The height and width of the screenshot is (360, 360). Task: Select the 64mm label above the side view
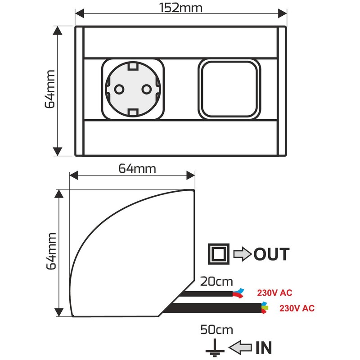pos(137,169)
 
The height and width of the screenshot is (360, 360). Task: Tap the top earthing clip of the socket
pos(133,67)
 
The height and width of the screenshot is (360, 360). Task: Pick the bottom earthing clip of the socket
pos(133,112)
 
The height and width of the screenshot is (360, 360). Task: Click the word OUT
pos(271,254)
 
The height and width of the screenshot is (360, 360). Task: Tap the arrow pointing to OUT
pos(243,254)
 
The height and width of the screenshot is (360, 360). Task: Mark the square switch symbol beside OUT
pos(219,254)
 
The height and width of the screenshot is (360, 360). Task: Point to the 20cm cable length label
pos(216,282)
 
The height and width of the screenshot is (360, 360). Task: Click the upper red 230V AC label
pos(274,293)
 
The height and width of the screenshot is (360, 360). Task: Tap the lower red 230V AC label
pos(297,309)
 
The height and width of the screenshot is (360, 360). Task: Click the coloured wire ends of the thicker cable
pos(264,308)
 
